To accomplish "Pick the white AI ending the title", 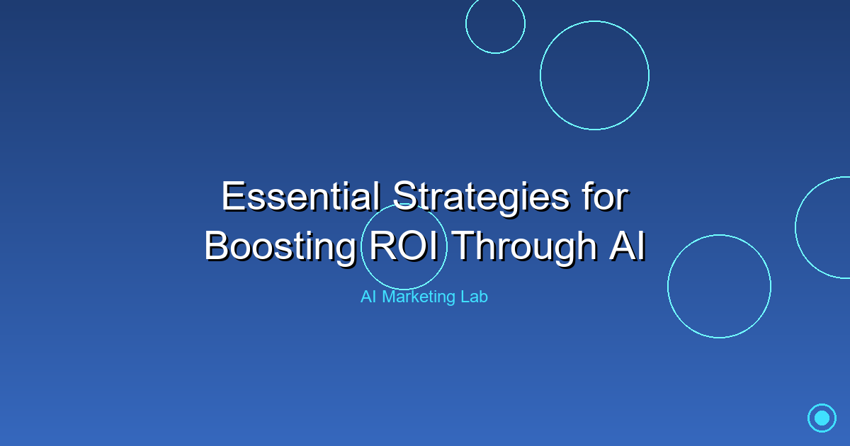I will (x=625, y=246).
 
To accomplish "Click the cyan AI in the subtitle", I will (x=368, y=297).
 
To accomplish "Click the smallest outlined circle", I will (x=495, y=23).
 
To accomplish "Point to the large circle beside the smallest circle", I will (x=594, y=75).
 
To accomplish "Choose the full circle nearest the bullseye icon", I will (x=719, y=286).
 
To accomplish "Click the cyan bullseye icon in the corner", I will (x=822, y=418).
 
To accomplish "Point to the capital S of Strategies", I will (x=405, y=196).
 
